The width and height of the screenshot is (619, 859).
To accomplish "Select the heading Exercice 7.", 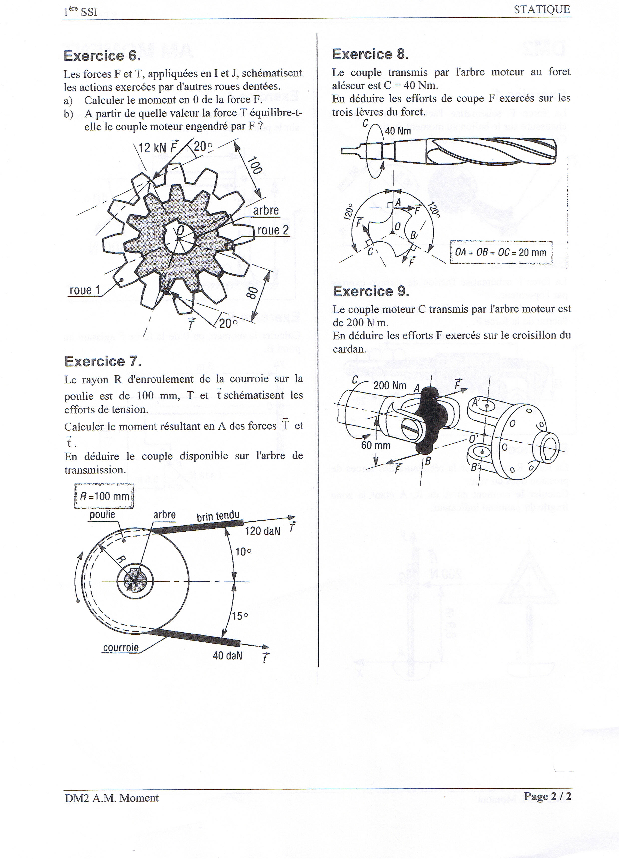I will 103,361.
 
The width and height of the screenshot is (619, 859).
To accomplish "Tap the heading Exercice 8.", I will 370,54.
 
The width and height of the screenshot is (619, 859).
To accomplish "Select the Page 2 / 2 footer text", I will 547,796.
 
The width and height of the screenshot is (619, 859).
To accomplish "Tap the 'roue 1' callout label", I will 85,290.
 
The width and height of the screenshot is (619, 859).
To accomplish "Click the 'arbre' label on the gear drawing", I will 266,211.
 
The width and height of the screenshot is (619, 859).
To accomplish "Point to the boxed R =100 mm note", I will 104,496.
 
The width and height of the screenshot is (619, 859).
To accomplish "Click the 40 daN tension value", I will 227,656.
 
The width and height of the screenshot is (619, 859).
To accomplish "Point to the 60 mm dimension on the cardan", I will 375,445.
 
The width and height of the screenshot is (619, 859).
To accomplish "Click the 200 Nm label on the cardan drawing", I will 390,386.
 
